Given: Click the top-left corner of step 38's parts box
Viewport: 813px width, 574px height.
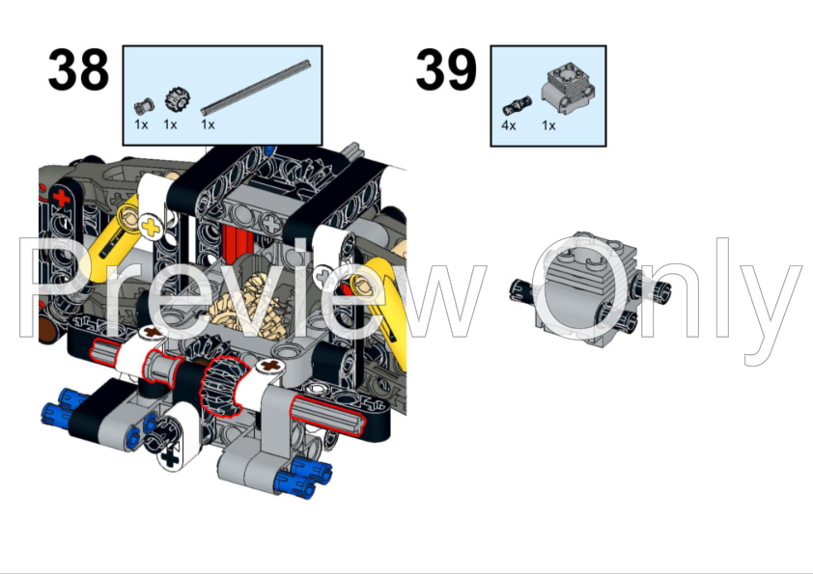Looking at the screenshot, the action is [123, 45].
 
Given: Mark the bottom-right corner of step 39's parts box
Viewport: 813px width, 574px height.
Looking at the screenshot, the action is [606, 146].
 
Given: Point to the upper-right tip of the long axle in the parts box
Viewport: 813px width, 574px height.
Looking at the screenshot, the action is [309, 63].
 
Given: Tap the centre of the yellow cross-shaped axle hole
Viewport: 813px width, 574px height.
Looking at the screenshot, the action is [151, 227].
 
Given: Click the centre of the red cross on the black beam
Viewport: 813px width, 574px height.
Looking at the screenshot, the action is [62, 198].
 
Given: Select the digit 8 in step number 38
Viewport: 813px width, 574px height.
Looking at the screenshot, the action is [94, 69].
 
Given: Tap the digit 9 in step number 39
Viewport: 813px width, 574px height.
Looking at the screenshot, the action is [461, 69].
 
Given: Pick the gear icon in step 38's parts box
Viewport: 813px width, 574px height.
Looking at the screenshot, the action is [178, 99].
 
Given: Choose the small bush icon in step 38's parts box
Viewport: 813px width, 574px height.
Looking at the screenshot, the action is [144, 106].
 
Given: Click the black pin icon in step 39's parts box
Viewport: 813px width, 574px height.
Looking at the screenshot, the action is [517, 105].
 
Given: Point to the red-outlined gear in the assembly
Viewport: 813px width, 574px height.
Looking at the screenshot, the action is [220, 386].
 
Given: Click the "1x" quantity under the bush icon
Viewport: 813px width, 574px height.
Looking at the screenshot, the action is [141, 124].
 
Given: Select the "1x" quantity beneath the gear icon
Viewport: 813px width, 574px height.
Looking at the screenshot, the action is [170, 124].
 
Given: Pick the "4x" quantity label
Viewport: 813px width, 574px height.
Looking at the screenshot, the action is [509, 125].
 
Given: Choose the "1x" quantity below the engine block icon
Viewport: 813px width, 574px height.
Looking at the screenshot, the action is [548, 125].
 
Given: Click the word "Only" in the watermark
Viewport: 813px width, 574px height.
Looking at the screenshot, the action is [666, 295].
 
